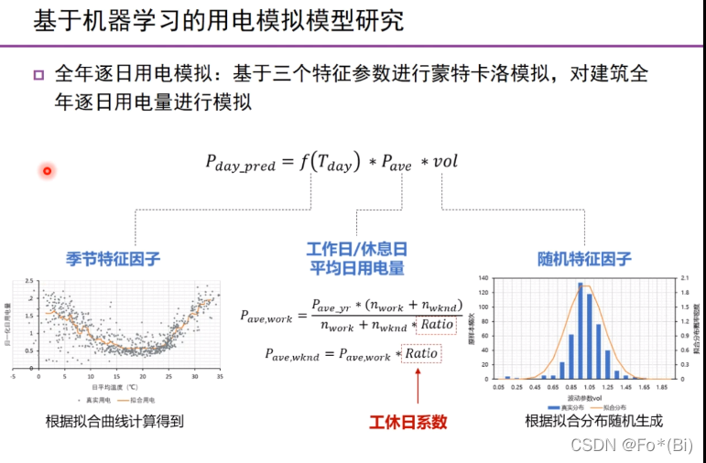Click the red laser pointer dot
click(x=47, y=170)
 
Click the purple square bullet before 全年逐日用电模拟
click(x=38, y=75)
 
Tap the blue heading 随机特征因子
click(x=584, y=259)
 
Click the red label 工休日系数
click(x=407, y=422)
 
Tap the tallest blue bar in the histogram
click(x=581, y=330)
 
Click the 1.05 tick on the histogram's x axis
click(x=580, y=388)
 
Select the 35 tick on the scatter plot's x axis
click(x=221, y=376)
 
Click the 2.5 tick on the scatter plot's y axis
click(x=28, y=281)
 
